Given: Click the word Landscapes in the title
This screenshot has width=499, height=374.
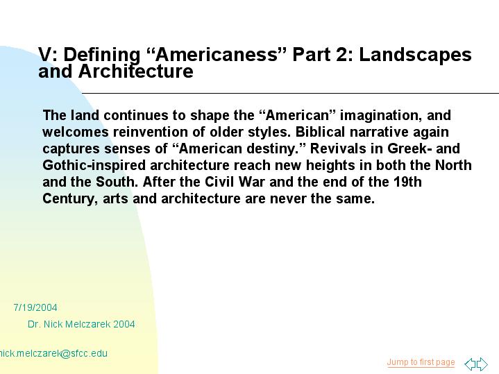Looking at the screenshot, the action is point(415,55).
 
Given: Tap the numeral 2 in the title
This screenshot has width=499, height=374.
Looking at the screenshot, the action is point(342,55).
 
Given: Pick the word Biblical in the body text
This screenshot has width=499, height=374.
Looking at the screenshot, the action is point(320,132).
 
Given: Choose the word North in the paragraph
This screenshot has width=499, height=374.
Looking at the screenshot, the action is point(453,166).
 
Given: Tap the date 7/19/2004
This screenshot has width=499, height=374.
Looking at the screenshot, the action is point(35,307).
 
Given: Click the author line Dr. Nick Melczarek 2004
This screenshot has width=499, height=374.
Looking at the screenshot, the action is point(81,324).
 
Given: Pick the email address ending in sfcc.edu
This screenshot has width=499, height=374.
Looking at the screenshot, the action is point(53,353).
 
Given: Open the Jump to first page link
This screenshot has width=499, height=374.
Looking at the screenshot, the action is point(421,362).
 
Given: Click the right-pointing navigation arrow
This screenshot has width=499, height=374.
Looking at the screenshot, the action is point(482,364).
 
